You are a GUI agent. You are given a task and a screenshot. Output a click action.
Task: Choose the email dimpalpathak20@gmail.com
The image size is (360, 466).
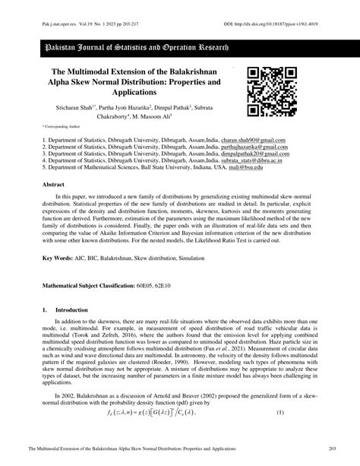(x=255, y=154)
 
